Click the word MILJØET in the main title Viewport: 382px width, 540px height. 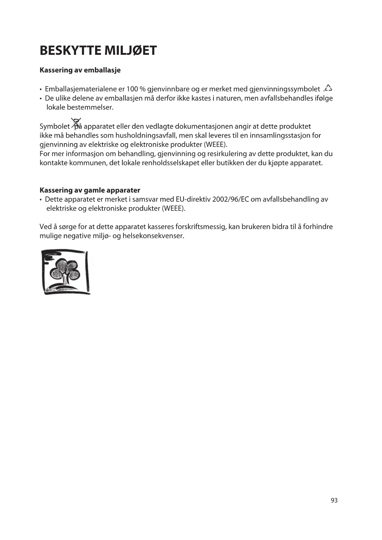coord(130,50)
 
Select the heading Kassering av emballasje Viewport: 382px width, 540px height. coord(80,70)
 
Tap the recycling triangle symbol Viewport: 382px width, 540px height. coord(328,88)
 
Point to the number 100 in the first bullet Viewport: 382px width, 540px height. coord(132,89)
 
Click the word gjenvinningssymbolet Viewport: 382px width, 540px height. coord(284,89)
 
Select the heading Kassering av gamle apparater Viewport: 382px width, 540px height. coord(90,190)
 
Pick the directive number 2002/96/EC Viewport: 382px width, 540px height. coord(231,199)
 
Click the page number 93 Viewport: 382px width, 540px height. coord(334,501)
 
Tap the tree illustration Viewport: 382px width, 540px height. coord(66,272)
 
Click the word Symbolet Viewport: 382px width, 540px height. coord(55,127)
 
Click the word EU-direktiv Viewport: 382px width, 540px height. coord(193,199)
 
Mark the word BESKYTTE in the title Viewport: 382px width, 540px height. coord(70,50)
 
